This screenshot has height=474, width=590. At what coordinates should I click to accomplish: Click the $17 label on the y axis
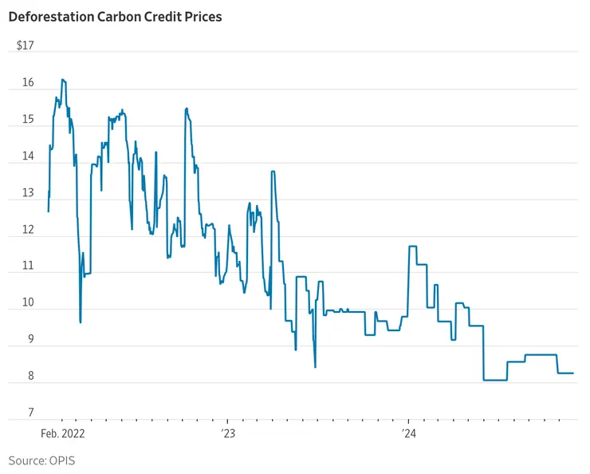point(25,45)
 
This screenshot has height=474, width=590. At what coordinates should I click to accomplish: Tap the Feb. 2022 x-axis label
point(63,434)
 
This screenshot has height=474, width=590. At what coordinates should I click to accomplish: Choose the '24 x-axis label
point(408,434)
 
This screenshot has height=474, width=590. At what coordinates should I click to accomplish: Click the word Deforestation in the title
point(53,16)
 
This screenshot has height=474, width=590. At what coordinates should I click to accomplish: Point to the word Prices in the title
point(203,16)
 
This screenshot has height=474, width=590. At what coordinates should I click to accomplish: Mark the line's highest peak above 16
point(63,80)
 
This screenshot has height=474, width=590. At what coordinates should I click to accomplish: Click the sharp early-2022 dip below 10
point(81,322)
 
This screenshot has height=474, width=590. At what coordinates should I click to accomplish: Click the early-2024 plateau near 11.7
point(413,247)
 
